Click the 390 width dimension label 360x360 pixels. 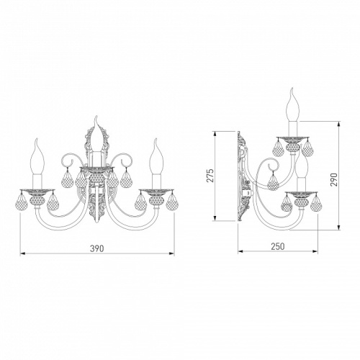coord(97,248)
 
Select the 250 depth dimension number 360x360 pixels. coord(278,246)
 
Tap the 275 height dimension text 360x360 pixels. coord(210,176)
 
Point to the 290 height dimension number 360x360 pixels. coord(334,179)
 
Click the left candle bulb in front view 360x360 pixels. coord(38,156)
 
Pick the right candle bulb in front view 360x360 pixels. coord(156,156)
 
